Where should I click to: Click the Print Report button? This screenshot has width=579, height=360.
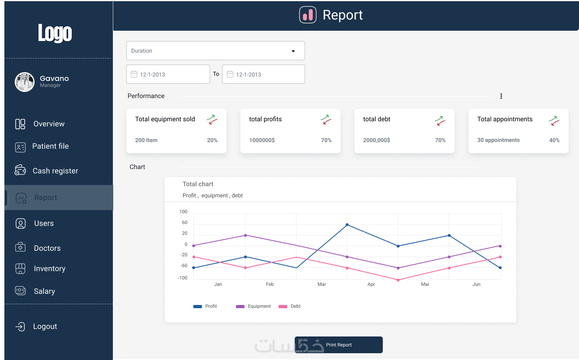pyautogui.click(x=339, y=345)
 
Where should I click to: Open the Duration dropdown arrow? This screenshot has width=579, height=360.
pyautogui.click(x=293, y=51)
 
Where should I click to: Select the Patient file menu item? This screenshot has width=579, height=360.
pyautogui.click(x=50, y=146)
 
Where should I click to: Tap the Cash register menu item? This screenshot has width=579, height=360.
pyautogui.click(x=55, y=171)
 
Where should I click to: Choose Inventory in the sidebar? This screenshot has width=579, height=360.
pyautogui.click(x=49, y=269)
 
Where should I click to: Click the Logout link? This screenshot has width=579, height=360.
pyautogui.click(x=45, y=327)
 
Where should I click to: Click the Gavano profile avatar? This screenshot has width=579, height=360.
pyautogui.click(x=25, y=82)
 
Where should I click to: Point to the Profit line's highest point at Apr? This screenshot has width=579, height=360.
pyautogui.click(x=347, y=225)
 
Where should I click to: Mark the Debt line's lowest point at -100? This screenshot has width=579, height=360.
pyautogui.click(x=398, y=280)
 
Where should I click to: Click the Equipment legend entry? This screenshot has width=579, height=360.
pyautogui.click(x=253, y=306)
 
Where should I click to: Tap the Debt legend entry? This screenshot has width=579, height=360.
pyautogui.click(x=290, y=306)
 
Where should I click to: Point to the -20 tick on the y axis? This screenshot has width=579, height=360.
pyautogui.click(x=184, y=255)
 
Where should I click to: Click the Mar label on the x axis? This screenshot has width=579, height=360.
pyautogui.click(x=321, y=284)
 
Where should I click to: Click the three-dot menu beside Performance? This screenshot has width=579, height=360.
pyautogui.click(x=501, y=96)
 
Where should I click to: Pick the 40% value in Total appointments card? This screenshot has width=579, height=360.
pyautogui.click(x=554, y=140)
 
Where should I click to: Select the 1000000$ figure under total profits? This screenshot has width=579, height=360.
pyautogui.click(x=262, y=140)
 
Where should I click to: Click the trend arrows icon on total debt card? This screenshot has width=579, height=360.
pyautogui.click(x=440, y=120)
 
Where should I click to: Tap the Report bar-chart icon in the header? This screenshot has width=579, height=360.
pyautogui.click(x=308, y=15)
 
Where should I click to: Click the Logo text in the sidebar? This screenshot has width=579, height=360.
pyautogui.click(x=55, y=33)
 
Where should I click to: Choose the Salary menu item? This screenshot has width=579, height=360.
pyautogui.click(x=44, y=291)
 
